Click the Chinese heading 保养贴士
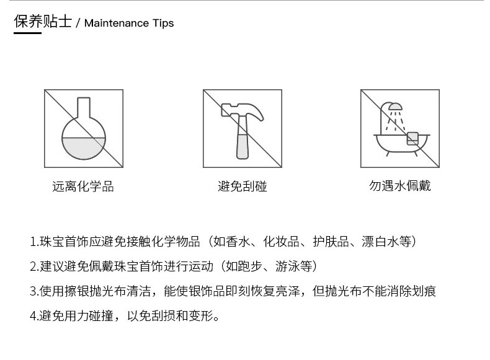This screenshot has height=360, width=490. tap(43, 21)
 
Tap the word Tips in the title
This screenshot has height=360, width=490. tap(163, 23)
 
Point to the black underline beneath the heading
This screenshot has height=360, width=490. tap(27, 33)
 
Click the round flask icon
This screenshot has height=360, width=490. tap(84, 129)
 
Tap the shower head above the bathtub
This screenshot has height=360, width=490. tap(395, 107)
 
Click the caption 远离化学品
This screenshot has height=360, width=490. tap(83, 187)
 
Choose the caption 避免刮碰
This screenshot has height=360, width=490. tap(242, 186)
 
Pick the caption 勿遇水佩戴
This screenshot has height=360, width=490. tap(400, 186)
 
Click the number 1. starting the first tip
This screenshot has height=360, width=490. tap(34, 242)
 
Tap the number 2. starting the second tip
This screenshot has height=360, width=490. tap(34, 266)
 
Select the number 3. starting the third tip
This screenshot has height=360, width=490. tap(34, 291)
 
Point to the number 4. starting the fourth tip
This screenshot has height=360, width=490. tap(34, 316)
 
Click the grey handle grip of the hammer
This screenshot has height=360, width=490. tap(242, 146)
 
